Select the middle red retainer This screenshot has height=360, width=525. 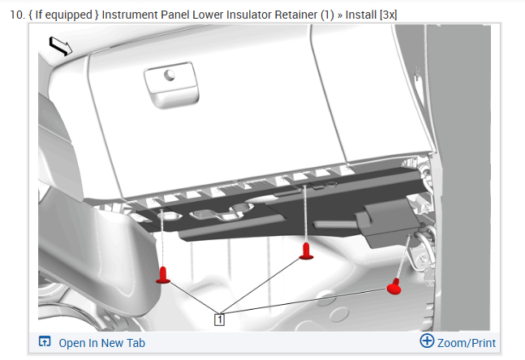pos(306,251)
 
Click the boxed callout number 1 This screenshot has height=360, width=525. pos(219,319)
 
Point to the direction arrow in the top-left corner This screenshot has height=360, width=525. pos(60,46)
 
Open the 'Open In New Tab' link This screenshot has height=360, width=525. pos(101,343)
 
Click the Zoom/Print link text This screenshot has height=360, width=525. pos(467,343)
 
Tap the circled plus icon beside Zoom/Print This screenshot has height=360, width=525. pos(427,341)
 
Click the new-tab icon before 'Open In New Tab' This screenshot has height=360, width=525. pos(45,342)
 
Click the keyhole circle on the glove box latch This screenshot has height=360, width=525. pos(170,75)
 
